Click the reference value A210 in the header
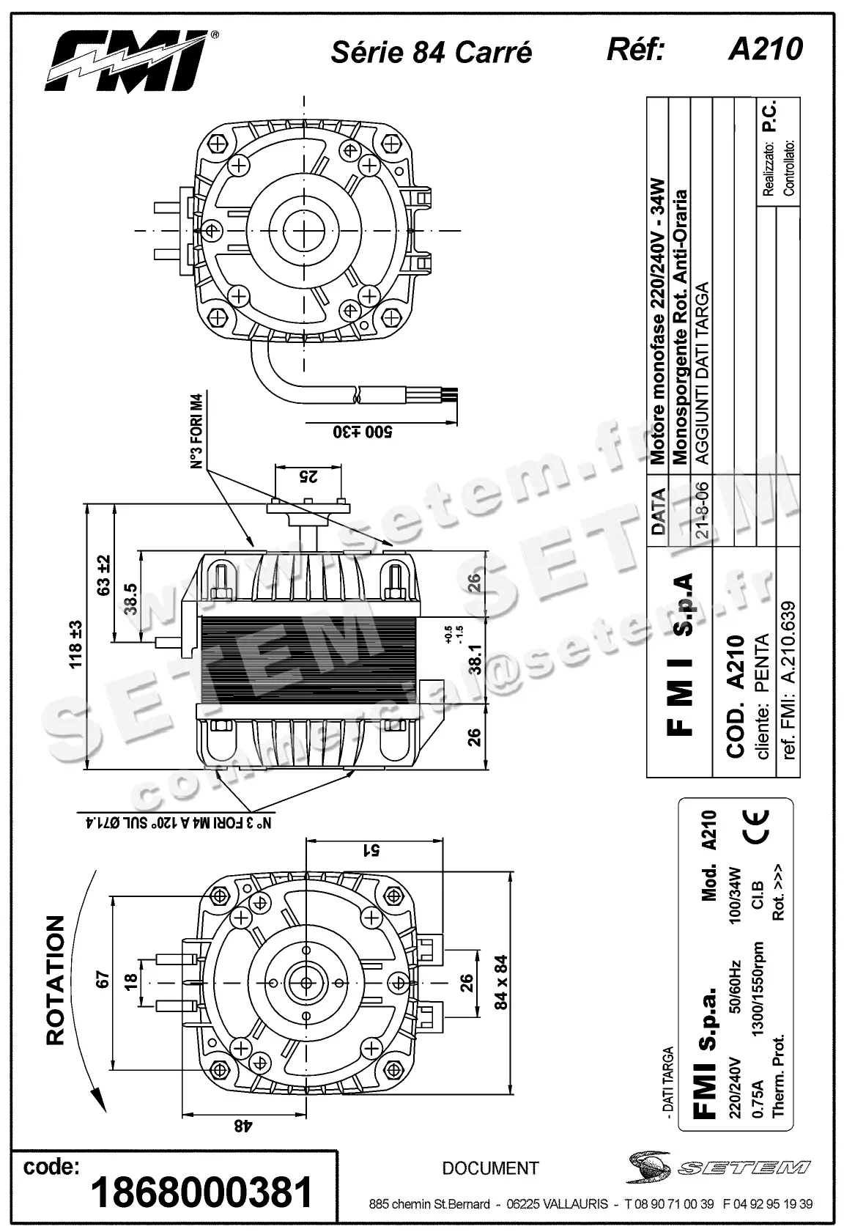tap(765, 50)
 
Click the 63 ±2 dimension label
tap(103, 575)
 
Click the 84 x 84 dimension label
tap(501, 982)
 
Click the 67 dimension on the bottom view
tap(102, 979)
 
